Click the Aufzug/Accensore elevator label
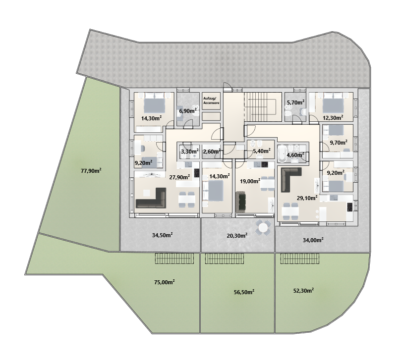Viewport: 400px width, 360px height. (x=211, y=101)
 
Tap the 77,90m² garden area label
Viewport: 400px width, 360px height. (x=91, y=171)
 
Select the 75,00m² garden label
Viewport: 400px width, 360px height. (x=164, y=282)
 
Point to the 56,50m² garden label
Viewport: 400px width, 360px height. (x=244, y=292)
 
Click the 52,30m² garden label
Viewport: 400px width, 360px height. (x=303, y=291)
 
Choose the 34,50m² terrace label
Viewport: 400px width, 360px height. (x=162, y=235)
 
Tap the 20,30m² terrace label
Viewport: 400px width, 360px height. (x=237, y=236)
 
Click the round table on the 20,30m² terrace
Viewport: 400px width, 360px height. (x=263, y=227)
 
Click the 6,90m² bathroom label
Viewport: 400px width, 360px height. (x=187, y=110)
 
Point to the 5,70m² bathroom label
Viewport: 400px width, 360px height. (x=295, y=103)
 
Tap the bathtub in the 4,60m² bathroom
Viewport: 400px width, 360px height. (x=282, y=154)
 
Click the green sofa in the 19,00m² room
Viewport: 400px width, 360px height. (x=241, y=203)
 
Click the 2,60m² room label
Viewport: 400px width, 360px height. (x=212, y=152)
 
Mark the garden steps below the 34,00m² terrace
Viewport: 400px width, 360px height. (x=300, y=258)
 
